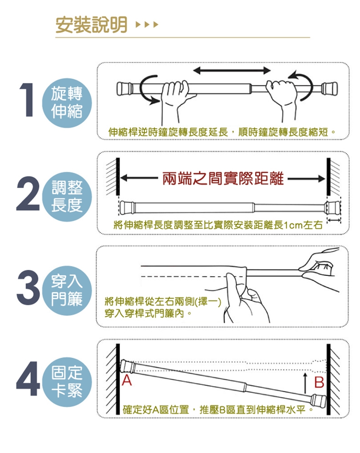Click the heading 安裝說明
tap(91, 25)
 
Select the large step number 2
tap(28, 193)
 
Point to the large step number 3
tap(28, 287)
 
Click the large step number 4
tap(28, 379)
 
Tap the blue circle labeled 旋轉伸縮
tap(67, 103)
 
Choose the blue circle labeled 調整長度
tap(67, 197)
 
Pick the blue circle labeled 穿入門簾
tap(67, 290)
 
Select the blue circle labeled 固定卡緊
tap(67, 382)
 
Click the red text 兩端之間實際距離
tap(223, 178)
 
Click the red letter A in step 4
tap(127, 381)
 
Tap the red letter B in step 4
tap(319, 382)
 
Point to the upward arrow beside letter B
tap(305, 383)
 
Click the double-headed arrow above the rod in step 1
tap(231, 70)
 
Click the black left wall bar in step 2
tap(118, 176)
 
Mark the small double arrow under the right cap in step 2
tap(334, 221)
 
